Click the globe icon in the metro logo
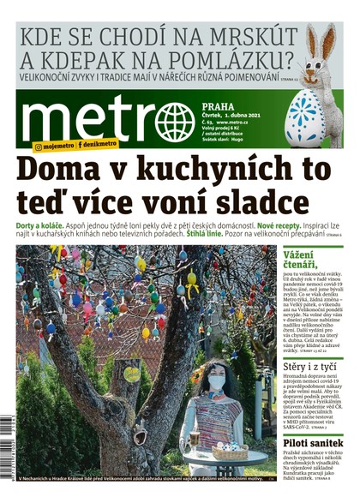(175, 122)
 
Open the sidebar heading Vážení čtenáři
(306, 261)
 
